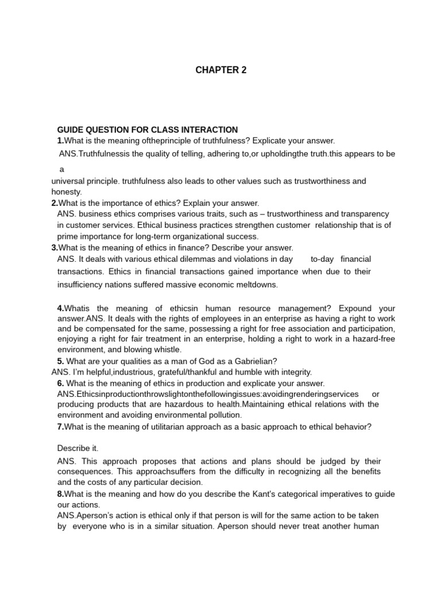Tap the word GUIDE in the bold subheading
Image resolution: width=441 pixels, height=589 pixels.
(x=71, y=130)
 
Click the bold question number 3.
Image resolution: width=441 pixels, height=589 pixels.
(x=55, y=248)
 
